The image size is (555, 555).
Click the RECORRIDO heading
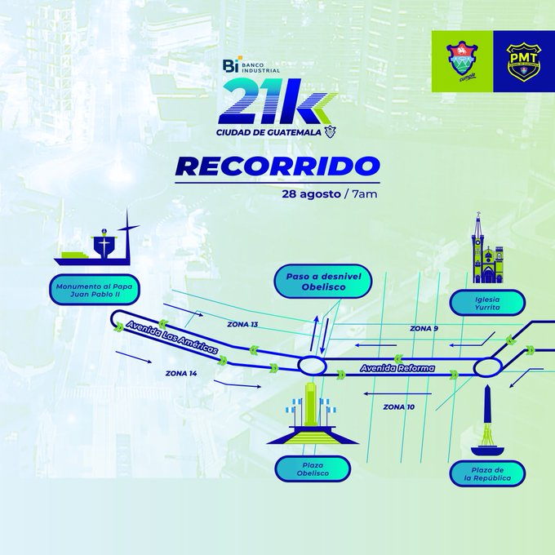(x=277, y=166)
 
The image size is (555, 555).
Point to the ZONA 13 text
(x=242, y=325)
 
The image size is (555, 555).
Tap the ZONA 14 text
(x=180, y=373)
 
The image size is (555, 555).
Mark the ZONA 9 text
(x=424, y=328)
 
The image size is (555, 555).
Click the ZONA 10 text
(x=398, y=406)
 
